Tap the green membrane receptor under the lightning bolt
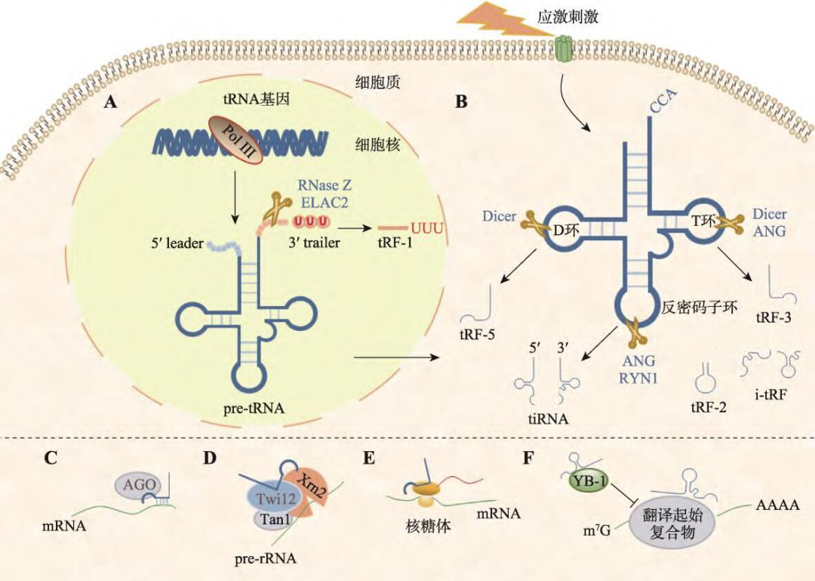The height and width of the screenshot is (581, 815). click(x=564, y=51)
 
